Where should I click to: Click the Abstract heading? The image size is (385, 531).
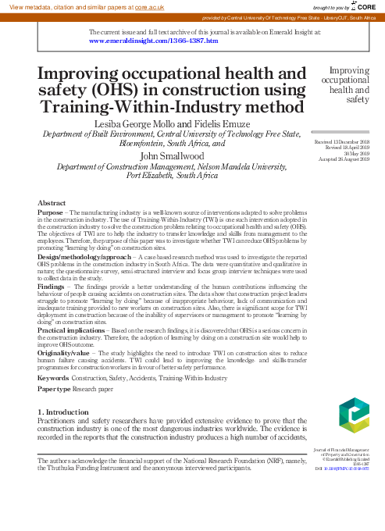coord(52,202)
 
